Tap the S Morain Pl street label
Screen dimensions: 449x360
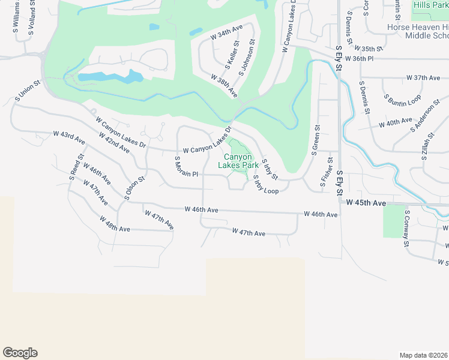point(186,167)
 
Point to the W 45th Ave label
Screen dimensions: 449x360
point(364,203)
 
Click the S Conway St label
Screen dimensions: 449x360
point(407,229)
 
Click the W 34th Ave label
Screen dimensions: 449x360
point(226,32)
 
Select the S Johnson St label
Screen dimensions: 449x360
point(247,58)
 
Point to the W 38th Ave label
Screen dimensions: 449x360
point(224,86)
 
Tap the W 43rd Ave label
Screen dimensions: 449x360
point(69,137)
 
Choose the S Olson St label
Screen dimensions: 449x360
point(135,187)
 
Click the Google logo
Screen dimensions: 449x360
point(20,352)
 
